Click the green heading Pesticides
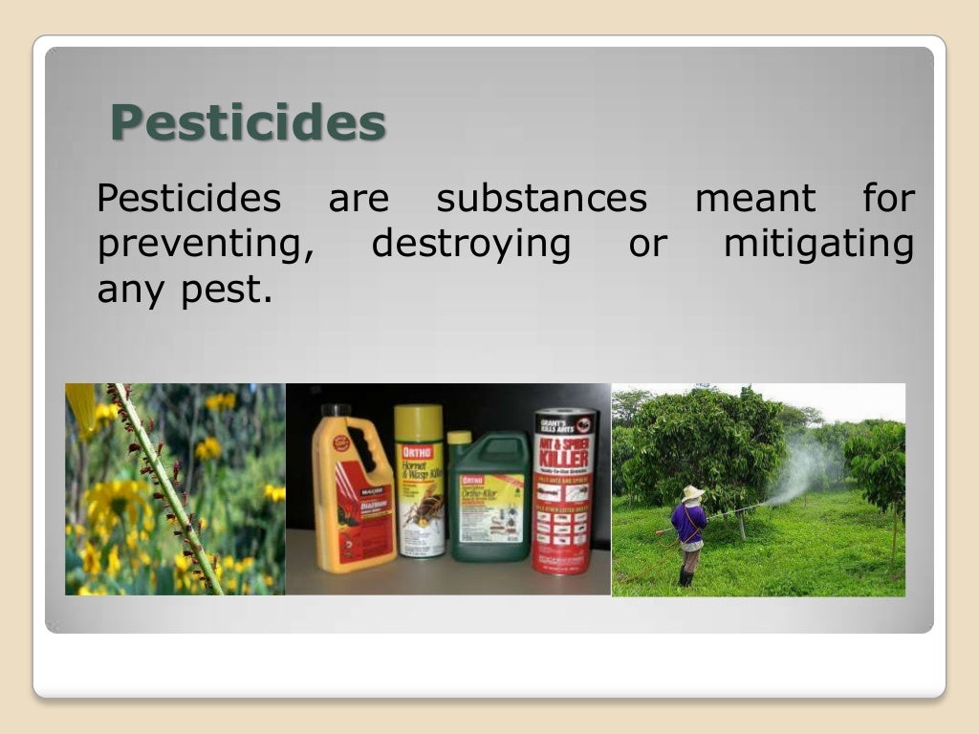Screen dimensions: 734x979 [248, 123]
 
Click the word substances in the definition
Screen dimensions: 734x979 [541, 199]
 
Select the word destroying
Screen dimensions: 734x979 [470, 245]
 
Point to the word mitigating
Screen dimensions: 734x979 [817, 245]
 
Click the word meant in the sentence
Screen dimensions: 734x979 [755, 199]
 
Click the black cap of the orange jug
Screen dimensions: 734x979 [336, 412]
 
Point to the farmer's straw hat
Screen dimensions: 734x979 [692, 492]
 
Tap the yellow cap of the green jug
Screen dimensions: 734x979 [459, 438]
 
